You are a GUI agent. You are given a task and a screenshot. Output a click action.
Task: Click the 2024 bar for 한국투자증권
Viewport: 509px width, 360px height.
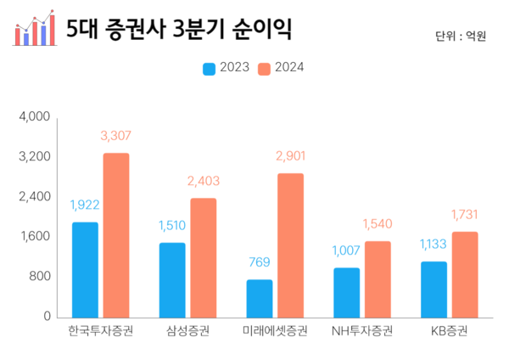(x=116, y=235)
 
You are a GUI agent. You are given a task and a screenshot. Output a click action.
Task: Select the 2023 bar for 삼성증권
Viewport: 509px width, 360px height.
(x=172, y=279)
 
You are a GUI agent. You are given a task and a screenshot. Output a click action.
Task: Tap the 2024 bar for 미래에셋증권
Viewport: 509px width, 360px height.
(x=290, y=245)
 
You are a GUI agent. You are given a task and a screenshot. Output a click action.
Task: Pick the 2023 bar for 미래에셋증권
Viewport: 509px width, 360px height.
(x=260, y=298)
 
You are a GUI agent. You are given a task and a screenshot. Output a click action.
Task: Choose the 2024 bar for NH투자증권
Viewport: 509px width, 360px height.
(x=378, y=278)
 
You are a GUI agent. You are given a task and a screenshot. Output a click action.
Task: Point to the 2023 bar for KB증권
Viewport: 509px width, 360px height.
(x=433, y=289)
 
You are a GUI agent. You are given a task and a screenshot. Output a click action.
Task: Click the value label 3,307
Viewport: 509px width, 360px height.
(x=115, y=135)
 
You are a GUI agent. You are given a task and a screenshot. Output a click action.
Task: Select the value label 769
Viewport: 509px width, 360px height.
(x=260, y=262)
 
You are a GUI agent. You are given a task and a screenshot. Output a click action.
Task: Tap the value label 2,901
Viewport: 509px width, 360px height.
(x=290, y=155)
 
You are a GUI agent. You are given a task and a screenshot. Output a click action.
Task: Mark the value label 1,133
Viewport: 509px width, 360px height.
(x=433, y=245)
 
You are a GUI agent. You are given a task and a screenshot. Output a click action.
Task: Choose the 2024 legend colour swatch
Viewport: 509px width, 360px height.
(x=266, y=68)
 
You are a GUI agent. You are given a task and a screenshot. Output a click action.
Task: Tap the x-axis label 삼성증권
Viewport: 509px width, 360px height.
(x=187, y=330)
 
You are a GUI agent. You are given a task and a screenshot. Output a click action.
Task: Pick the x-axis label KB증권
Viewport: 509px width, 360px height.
(x=449, y=330)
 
